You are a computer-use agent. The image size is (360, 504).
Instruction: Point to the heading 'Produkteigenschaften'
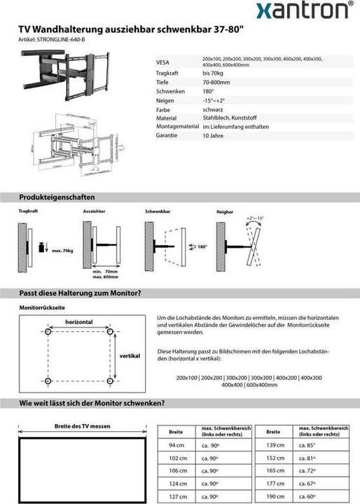pyautogui.click(x=57, y=197)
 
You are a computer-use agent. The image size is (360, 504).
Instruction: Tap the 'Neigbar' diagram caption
pyautogui.click(x=224, y=211)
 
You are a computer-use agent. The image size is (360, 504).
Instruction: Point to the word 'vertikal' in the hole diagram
pyautogui.click(x=130, y=356)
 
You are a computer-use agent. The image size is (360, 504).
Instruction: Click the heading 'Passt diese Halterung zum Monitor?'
pyautogui.click(x=81, y=293)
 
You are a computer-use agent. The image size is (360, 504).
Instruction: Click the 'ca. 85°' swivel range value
pyautogui.click(x=307, y=445)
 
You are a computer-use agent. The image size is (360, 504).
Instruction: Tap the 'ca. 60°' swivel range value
pyautogui.click(x=307, y=496)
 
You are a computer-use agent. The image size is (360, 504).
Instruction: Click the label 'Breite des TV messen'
pyautogui.click(x=82, y=426)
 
